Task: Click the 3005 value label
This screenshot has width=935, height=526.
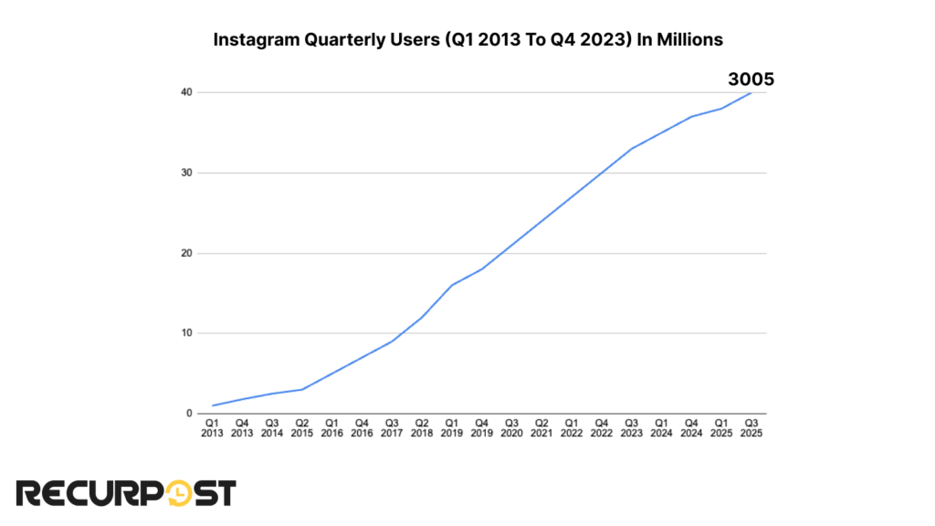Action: click(751, 79)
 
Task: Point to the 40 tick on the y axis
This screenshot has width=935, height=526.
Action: click(185, 92)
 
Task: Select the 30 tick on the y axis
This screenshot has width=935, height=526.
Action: click(185, 173)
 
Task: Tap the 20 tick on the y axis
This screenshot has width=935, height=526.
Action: click(185, 253)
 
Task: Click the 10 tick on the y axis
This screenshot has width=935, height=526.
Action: click(185, 333)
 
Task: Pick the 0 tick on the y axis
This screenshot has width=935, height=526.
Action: click(188, 414)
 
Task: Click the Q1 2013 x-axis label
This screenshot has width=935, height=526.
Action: click(212, 428)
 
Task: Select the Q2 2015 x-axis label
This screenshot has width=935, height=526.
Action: click(301, 428)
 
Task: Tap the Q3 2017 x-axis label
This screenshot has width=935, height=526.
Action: click(392, 428)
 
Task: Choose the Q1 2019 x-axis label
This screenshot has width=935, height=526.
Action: click(451, 428)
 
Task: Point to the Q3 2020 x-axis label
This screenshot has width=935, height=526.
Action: click(511, 428)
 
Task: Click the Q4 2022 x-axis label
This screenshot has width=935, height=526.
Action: click(601, 428)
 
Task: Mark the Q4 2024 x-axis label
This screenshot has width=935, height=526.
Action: click(691, 428)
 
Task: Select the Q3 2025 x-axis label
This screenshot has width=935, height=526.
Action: click(751, 428)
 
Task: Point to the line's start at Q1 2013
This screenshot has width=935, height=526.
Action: click(212, 405)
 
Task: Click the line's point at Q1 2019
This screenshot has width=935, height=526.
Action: click(451, 285)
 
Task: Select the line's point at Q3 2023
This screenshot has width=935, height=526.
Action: click(631, 149)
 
